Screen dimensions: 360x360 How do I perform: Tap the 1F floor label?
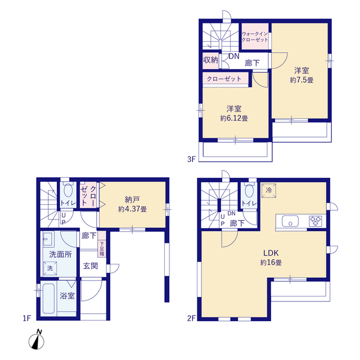click(26, 318)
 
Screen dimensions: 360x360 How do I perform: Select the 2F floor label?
click(191, 318)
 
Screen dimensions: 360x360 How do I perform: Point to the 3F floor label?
click(191, 159)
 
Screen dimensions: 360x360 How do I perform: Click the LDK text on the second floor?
click(271, 253)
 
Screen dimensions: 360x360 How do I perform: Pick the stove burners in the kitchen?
click(315, 221)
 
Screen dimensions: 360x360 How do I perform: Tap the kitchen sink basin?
click(290, 221)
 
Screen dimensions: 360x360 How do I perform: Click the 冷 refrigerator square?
click(269, 190)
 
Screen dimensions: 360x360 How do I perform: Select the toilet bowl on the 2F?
click(249, 190)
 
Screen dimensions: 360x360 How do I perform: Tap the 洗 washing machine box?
click(50, 268)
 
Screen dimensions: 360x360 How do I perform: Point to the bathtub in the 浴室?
click(49, 299)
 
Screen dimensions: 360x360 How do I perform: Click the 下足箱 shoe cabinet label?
click(102, 249)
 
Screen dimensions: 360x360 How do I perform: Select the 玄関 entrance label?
click(91, 266)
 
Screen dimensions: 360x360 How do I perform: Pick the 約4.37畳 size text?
click(133, 209)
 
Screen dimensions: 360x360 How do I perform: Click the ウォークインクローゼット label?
click(255, 37)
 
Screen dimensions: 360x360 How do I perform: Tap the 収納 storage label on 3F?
click(210, 60)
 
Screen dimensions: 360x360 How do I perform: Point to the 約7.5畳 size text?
click(301, 80)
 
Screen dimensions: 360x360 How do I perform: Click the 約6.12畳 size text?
click(234, 118)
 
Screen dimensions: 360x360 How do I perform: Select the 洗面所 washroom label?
click(60, 254)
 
